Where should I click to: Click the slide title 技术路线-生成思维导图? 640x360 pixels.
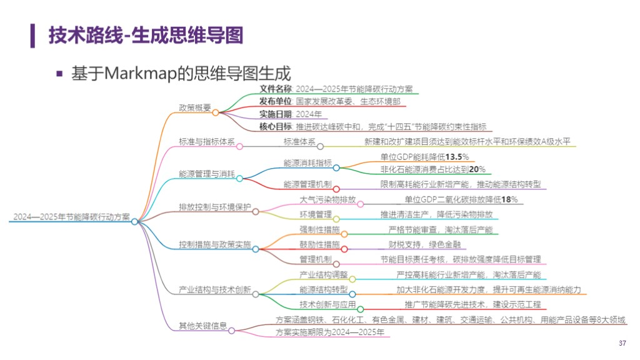pos(145,36)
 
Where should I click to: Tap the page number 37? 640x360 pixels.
pos(622,344)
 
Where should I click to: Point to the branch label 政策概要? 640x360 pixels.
pos(195,107)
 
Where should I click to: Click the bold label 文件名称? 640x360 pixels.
pos(276,89)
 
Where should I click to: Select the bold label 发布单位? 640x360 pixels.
pos(276,101)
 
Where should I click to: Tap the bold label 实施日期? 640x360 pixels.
pos(276,114)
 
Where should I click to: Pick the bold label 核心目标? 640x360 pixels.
pos(276,126)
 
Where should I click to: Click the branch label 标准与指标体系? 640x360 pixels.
pos(207,142)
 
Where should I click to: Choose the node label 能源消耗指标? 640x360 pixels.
pos(307,163)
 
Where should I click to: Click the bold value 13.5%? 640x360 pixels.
pos(457,157)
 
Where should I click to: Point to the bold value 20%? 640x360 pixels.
pos(477,169)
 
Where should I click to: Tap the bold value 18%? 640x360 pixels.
pos(509,200)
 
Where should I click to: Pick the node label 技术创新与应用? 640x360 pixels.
pos(327,304)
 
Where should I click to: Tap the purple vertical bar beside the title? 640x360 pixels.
pos(33,36)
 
